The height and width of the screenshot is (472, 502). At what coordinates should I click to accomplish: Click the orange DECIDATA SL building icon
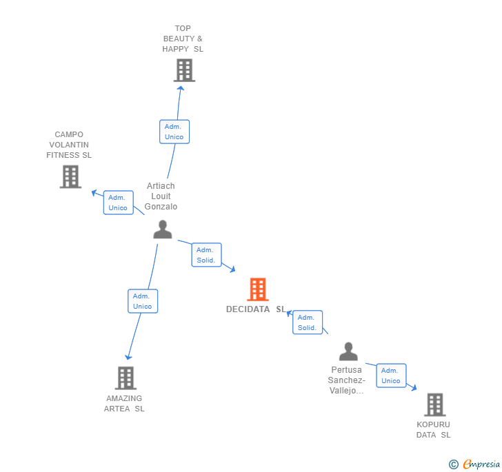coord(257,289)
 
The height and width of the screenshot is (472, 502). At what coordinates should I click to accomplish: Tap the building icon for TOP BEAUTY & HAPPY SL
coord(184,70)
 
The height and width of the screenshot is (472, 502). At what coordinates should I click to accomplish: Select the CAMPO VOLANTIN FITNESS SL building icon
coord(70,176)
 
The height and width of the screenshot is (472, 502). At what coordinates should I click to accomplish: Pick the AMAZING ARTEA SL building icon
coord(125,378)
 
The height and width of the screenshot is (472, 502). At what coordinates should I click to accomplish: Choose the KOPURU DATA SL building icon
coord(434,404)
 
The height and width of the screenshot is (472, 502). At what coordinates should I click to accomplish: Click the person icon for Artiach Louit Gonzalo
coord(163,229)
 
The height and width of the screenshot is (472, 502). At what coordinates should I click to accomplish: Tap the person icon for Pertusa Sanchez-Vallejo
coord(348,351)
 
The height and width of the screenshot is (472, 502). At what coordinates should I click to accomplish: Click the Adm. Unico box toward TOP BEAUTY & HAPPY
coord(174,132)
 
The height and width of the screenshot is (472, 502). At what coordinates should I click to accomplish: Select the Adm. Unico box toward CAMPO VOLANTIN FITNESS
coord(118,203)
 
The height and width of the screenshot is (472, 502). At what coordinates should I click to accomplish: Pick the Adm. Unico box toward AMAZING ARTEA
coord(143,301)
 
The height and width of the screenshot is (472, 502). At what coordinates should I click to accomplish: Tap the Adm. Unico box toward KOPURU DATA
coord(391,376)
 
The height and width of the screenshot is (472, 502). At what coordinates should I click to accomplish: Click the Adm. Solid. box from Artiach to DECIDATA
coord(206,255)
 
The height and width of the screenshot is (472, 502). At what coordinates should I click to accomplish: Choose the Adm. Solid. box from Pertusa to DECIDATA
coord(308,322)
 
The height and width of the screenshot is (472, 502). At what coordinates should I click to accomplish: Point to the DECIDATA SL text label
coord(255,309)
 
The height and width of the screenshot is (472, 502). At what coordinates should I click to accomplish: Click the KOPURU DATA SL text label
coord(433,429)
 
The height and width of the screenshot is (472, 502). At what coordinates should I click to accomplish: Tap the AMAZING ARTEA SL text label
coord(124,403)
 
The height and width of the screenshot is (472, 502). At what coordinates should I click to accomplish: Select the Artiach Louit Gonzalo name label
coord(161,196)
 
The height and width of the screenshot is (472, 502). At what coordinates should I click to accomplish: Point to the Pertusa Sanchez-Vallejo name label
coord(346,380)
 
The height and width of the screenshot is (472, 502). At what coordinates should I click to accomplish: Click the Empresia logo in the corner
coord(475,464)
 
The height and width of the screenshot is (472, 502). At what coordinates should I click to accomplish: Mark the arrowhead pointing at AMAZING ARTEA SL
coord(128,356)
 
